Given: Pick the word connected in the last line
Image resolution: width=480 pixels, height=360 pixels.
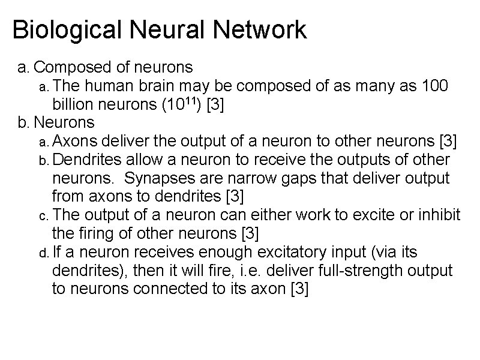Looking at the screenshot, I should coord(164,290).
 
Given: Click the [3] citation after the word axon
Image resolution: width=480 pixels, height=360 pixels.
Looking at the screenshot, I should coord(299,290).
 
